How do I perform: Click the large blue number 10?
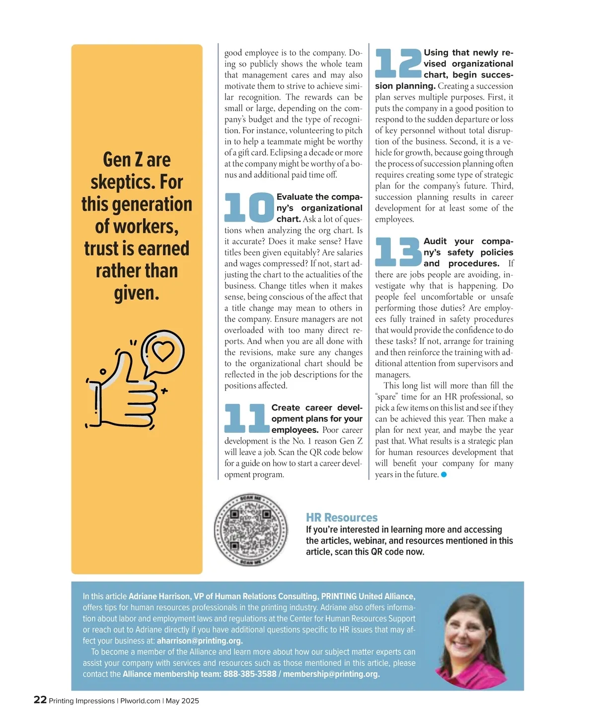[249, 207]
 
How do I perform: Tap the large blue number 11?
[246, 418]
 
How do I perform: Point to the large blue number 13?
[398, 252]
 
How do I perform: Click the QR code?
[251, 530]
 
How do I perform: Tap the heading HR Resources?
[342, 517]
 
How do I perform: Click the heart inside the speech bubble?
[163, 350]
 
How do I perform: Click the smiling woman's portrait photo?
[472, 641]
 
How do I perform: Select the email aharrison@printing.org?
[200, 641]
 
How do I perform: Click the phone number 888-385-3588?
[250, 674]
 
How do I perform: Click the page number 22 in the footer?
[40, 700]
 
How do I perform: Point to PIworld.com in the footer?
[140, 701]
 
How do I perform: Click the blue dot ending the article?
[444, 475]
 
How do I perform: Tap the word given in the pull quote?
[136, 293]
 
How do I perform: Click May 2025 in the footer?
[182, 701]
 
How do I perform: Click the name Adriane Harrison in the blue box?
[159, 596]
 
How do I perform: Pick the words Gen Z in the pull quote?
[123, 160]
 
